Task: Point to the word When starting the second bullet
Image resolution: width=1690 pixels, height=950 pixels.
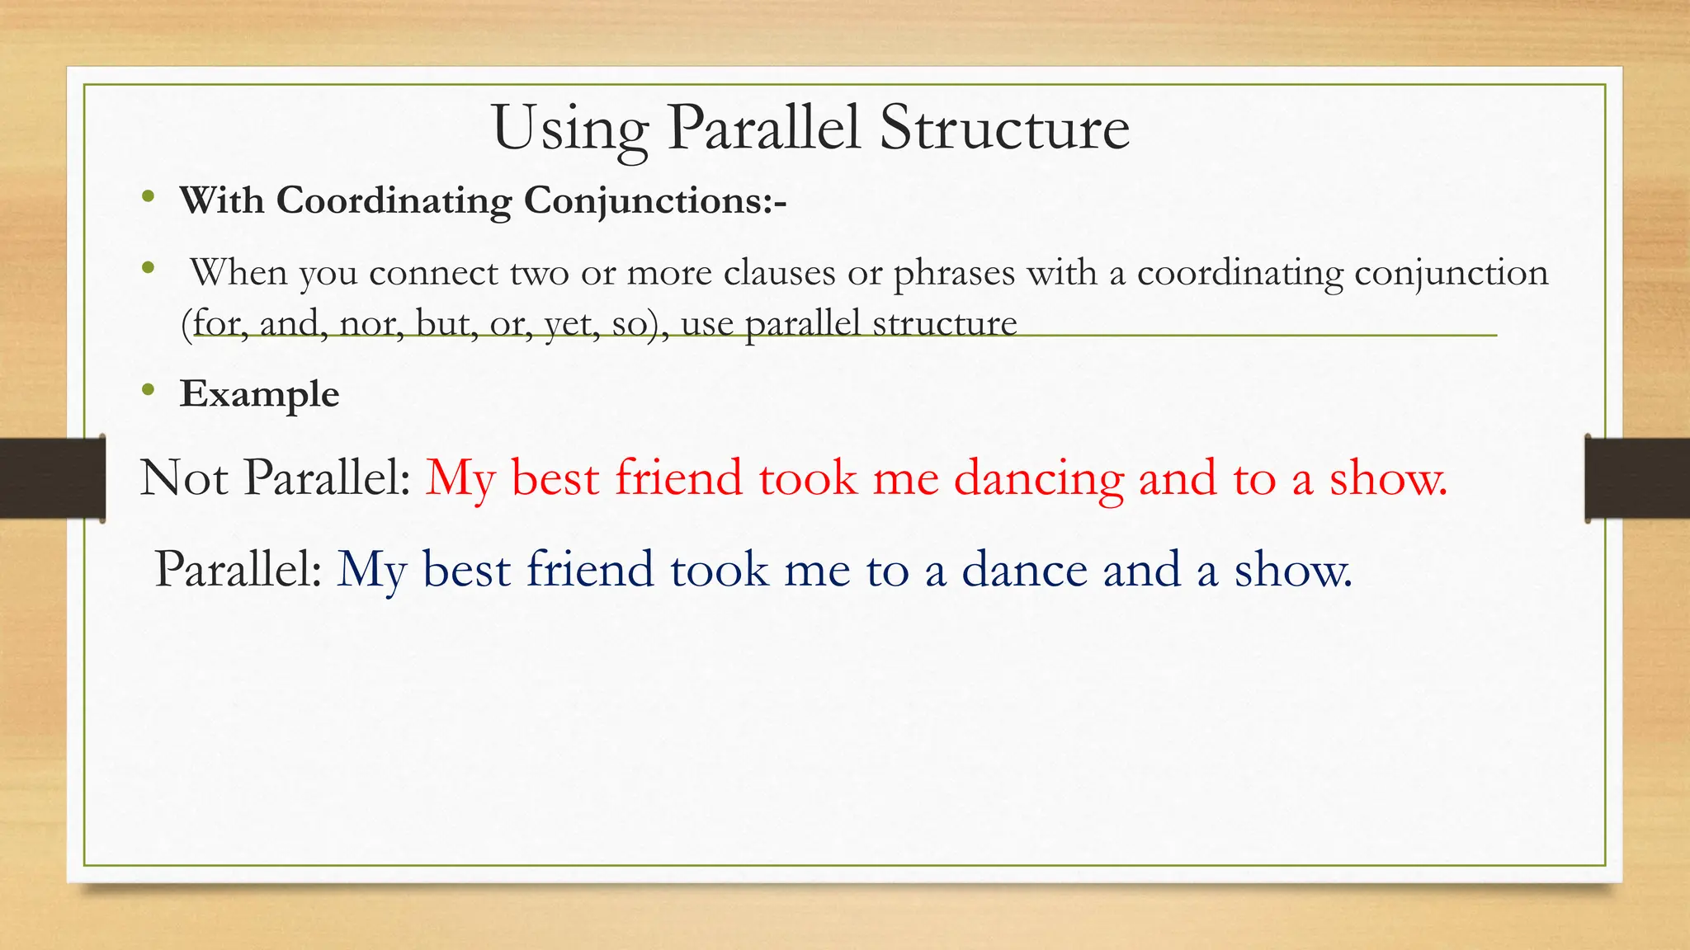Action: coord(239,272)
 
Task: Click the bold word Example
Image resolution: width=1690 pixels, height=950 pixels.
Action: coord(259,394)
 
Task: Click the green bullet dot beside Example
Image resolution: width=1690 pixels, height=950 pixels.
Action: coord(148,390)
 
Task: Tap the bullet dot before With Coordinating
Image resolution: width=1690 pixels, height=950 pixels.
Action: coord(148,196)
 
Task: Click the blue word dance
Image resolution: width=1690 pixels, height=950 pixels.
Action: coord(1024,570)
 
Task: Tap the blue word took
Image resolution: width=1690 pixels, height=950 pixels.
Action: coord(719,570)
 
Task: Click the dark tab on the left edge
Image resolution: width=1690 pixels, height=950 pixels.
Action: coord(52,478)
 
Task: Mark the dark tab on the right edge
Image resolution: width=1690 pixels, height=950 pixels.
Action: coord(1637,478)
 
